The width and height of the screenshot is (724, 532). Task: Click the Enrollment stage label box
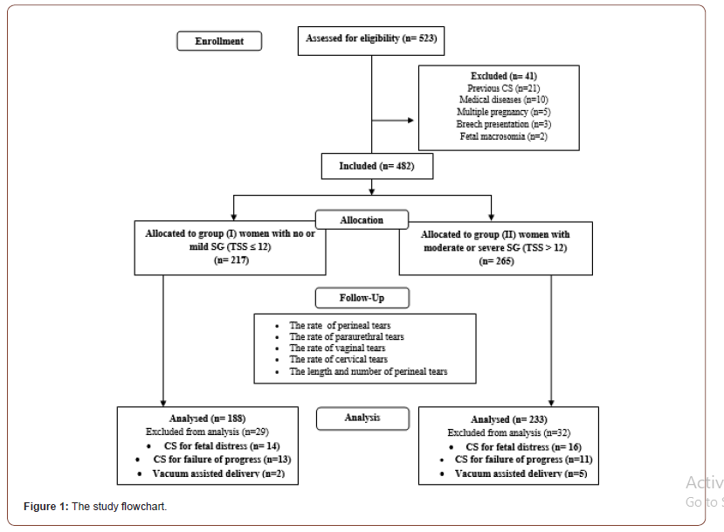point(219,41)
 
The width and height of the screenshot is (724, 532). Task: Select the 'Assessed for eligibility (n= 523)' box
point(371,39)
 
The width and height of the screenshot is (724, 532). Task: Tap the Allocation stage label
point(362,220)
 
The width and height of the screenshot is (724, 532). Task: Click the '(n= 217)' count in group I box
point(230,259)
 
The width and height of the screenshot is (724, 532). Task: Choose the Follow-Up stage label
point(362,299)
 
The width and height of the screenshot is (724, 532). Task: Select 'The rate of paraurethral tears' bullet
point(347,336)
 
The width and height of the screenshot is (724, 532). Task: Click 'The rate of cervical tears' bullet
point(339,359)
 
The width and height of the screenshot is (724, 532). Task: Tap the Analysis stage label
point(362,418)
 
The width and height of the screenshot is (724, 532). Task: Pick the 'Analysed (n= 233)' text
point(508,420)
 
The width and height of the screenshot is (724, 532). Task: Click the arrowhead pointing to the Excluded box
point(413,119)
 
